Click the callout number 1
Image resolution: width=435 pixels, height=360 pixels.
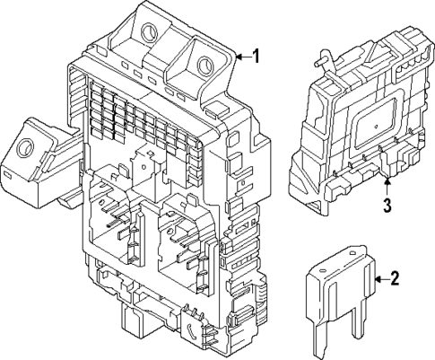pyautogui.click(x=256, y=57)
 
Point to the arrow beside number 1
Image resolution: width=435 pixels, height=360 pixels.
pyautogui.click(x=240, y=58)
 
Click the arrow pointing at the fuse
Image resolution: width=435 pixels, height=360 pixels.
pyautogui.click(x=378, y=280)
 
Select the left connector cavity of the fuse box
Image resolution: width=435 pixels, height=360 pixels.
pyautogui.click(x=117, y=224)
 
